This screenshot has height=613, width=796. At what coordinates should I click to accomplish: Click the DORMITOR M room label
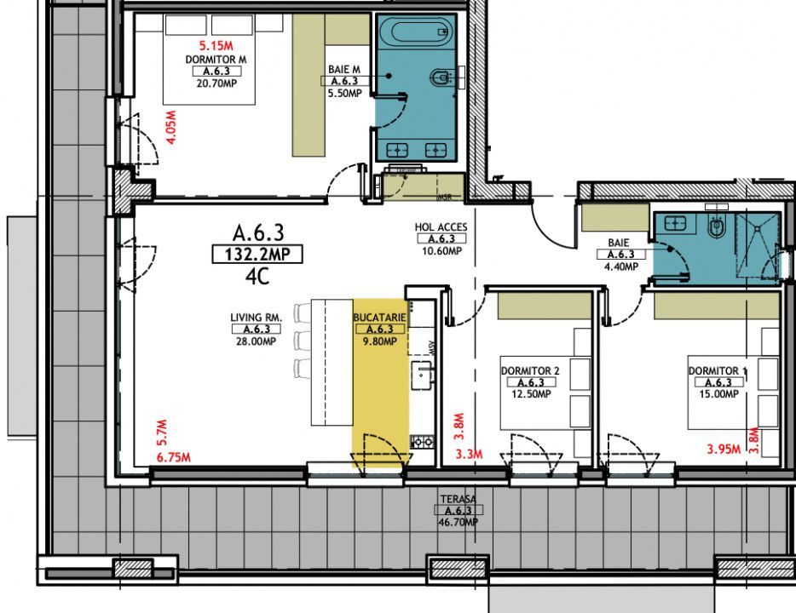pos(216,60)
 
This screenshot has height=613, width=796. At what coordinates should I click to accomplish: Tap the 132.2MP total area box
pos(257,254)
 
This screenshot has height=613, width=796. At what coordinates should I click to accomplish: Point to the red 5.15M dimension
pos(216,45)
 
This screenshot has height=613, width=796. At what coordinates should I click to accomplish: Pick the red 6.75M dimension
pos(174,457)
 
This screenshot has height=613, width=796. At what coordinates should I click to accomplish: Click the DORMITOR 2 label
pos(530,371)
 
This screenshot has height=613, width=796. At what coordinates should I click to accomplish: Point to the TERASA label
pos(457,499)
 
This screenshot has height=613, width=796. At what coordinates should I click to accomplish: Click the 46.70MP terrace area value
pos(457,522)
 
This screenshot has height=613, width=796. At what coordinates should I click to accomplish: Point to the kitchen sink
pos(421,373)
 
